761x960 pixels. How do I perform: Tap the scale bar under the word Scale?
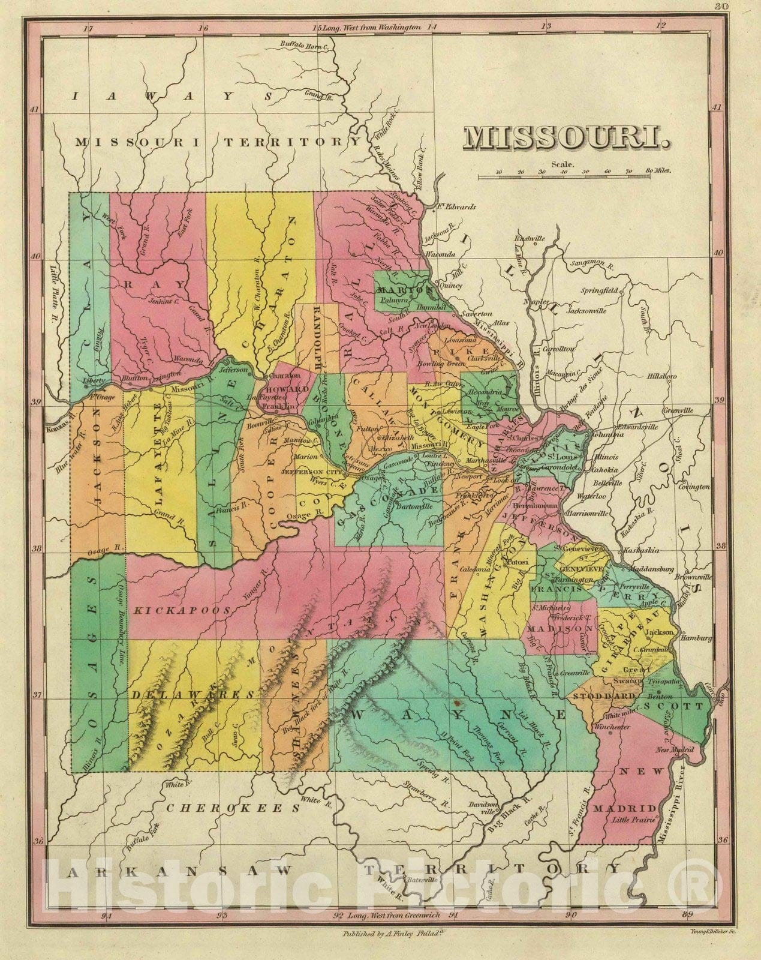click(x=574, y=176)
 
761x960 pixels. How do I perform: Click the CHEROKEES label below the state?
click(x=232, y=808)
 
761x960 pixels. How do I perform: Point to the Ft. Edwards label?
click(x=456, y=207)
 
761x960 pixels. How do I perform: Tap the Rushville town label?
click(x=532, y=239)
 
